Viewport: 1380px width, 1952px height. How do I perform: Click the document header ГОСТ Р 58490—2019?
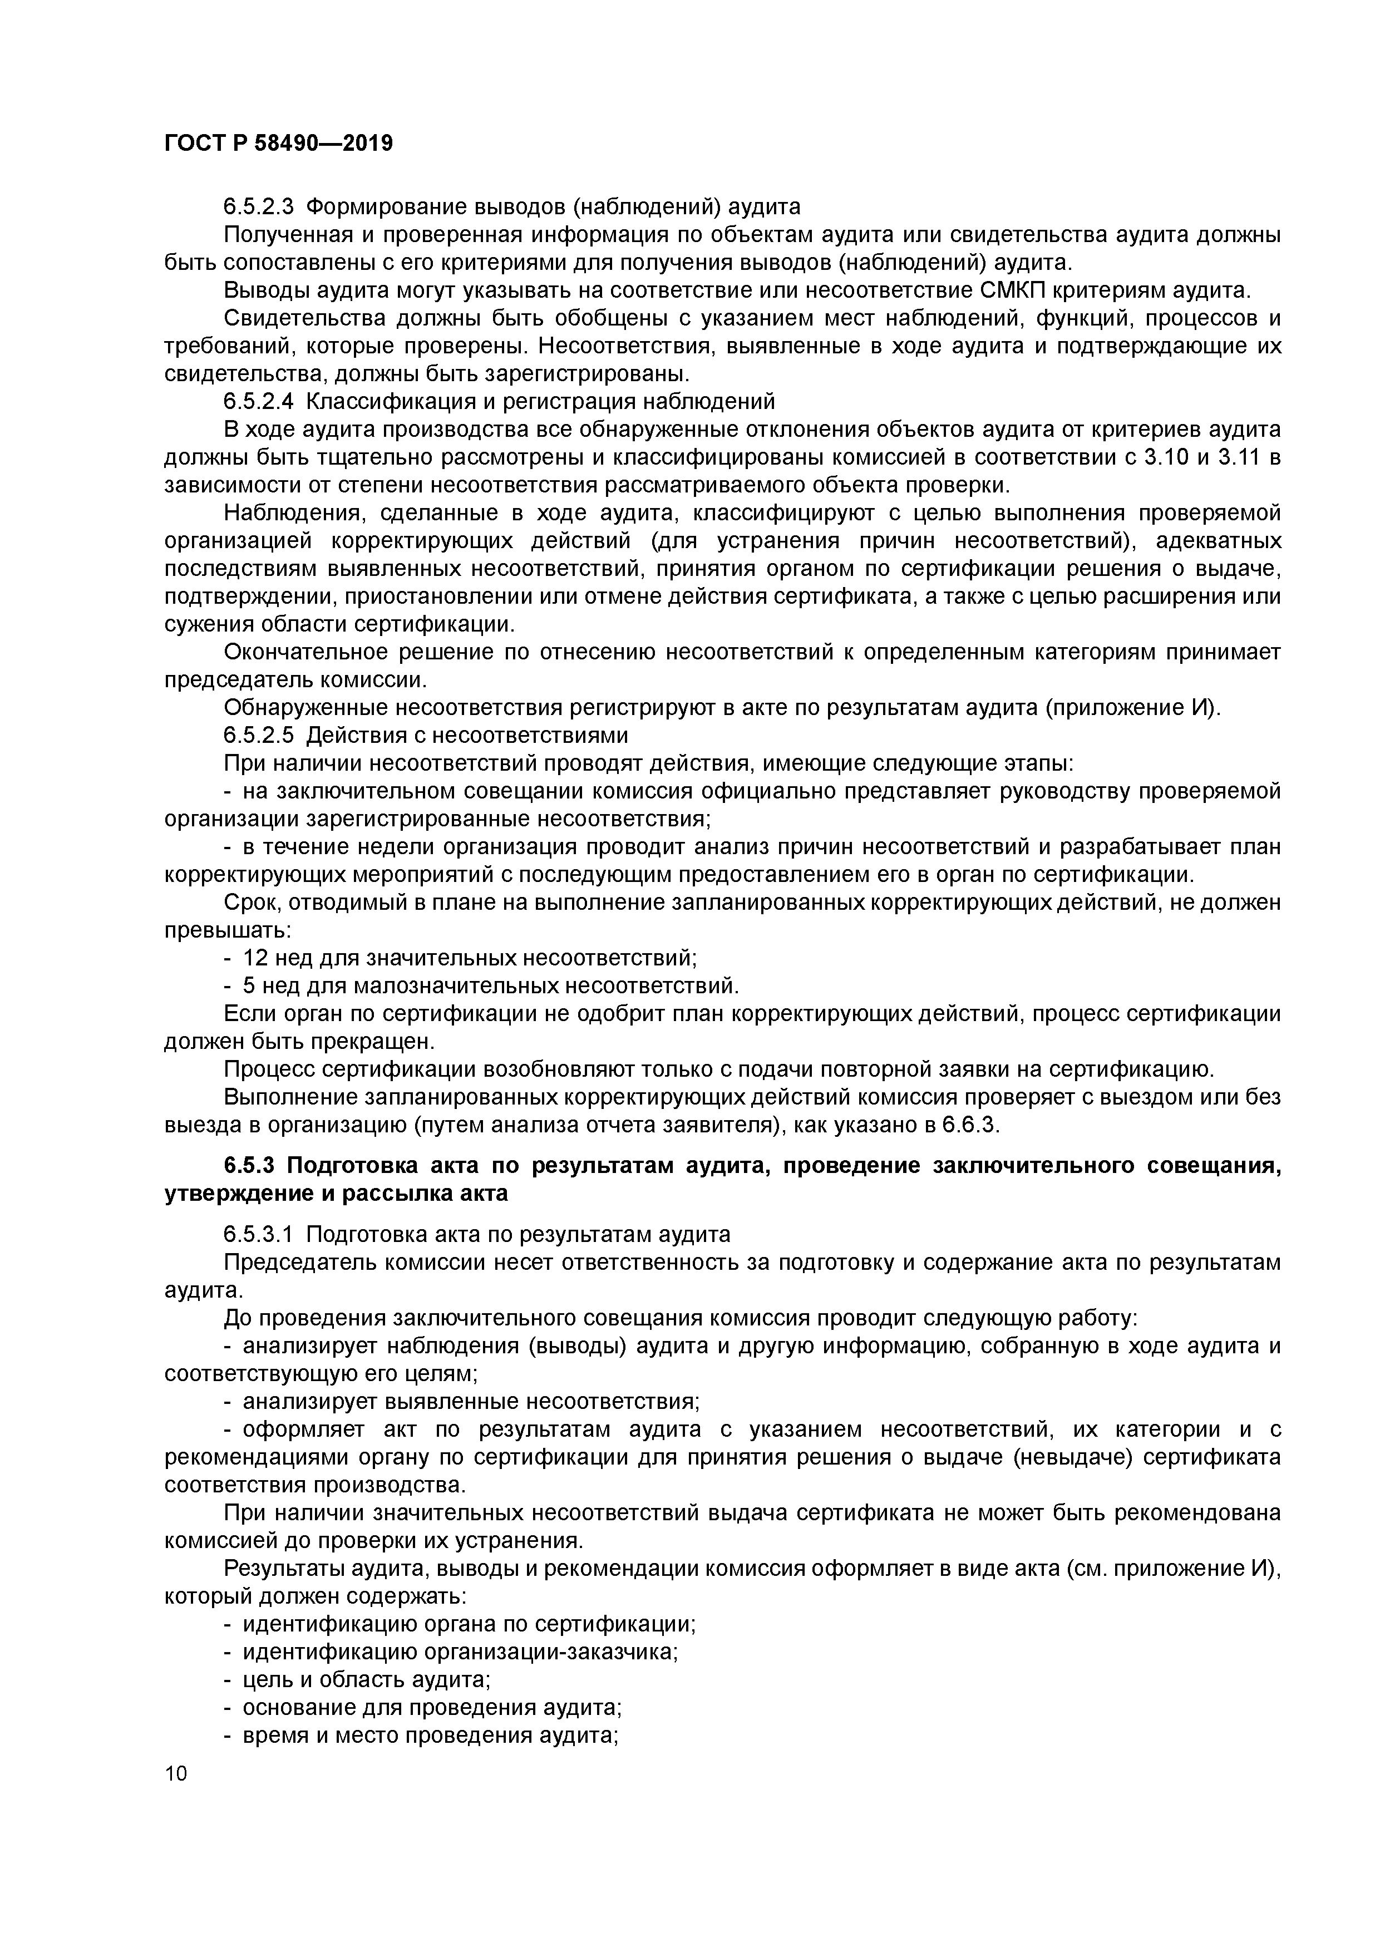tap(278, 144)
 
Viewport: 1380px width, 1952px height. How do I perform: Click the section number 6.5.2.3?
tap(259, 206)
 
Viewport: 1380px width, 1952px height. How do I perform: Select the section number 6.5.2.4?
tap(259, 401)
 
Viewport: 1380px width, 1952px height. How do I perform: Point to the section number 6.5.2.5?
tap(259, 736)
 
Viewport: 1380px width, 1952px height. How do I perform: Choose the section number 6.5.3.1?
tap(259, 1234)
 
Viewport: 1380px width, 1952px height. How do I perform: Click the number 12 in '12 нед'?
tap(255, 958)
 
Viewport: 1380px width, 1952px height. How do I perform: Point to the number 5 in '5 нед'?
tap(250, 986)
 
